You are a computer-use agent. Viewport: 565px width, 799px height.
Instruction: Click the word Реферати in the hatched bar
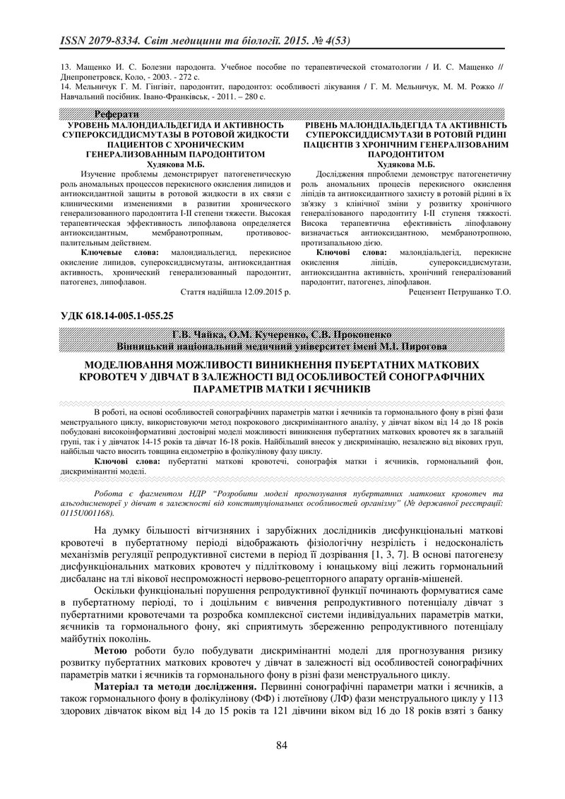(x=117, y=114)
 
